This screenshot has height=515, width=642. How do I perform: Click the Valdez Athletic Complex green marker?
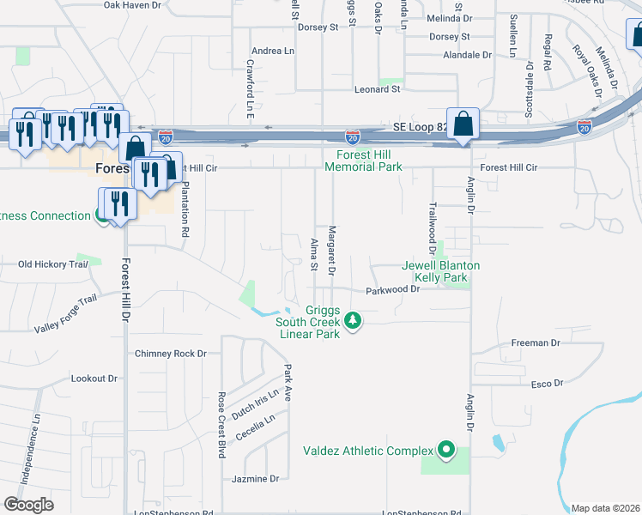(x=445, y=450)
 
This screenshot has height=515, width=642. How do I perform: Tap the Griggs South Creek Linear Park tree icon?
(x=352, y=321)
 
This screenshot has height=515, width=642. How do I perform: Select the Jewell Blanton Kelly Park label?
(x=441, y=272)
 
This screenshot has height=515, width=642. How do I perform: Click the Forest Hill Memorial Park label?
(x=364, y=161)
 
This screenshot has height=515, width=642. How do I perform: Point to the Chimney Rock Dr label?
(x=172, y=354)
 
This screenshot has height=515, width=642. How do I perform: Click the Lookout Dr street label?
(x=94, y=379)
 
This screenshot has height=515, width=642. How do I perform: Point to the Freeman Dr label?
(x=536, y=342)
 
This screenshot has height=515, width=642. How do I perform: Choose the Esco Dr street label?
(x=546, y=384)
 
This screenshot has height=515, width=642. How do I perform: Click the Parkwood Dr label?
(x=391, y=290)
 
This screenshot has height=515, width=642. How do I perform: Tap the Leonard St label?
(x=379, y=89)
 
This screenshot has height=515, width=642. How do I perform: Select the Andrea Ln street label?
(x=273, y=51)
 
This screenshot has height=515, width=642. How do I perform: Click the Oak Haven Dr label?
(x=132, y=5)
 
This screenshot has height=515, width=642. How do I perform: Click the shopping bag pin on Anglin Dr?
(x=463, y=124)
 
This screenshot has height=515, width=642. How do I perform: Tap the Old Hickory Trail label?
(x=53, y=264)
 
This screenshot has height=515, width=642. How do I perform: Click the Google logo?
(x=28, y=505)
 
